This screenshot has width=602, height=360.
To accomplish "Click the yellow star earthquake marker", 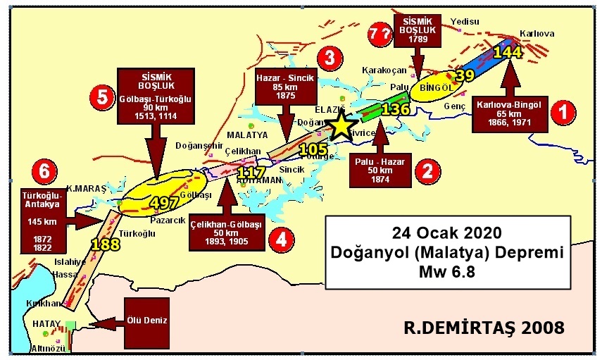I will [x=340, y=125].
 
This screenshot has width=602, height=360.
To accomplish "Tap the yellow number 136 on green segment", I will [x=395, y=109].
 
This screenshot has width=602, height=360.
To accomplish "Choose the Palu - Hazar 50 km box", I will [x=380, y=170].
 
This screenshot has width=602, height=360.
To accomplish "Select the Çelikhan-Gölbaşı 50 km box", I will [x=226, y=233].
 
